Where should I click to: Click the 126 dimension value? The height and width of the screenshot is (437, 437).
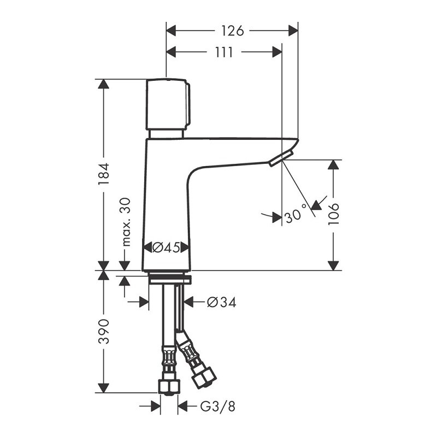[233, 31]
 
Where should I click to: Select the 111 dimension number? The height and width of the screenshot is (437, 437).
[224, 52]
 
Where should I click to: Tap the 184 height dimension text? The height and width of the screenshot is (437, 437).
[104, 174]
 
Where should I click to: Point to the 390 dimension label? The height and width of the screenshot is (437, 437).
[104, 332]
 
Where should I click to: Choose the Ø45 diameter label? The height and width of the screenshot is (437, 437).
[166, 247]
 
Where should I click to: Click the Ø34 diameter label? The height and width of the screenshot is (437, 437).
[222, 302]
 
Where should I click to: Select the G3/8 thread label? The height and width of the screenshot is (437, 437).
[217, 407]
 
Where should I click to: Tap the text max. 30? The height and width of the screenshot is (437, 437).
[126, 222]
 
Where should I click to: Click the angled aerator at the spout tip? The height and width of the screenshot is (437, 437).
[281, 158]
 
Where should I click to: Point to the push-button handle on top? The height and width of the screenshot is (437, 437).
[168, 104]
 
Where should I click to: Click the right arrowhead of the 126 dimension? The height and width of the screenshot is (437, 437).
[293, 31]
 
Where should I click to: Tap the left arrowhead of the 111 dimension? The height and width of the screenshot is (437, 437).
[171, 52]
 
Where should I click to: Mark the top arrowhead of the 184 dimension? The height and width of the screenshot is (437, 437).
[104, 84]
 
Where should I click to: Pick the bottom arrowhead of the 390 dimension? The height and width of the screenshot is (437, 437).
[104, 388]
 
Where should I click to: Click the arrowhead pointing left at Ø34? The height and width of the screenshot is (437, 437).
[188, 302]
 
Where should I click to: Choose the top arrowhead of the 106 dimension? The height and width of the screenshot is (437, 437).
[333, 164]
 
